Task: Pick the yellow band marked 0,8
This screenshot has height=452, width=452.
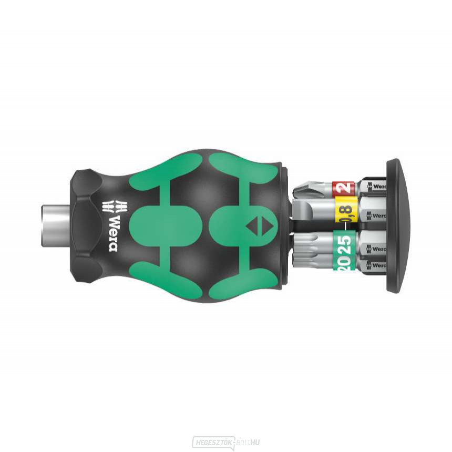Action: [x=345, y=213]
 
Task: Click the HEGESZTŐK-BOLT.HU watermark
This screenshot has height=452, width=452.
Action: [x=225, y=443]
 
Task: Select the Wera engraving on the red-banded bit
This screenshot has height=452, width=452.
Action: [x=377, y=187]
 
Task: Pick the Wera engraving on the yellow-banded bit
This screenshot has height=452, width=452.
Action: [x=377, y=215]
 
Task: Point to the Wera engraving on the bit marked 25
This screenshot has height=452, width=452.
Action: [x=377, y=246]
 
